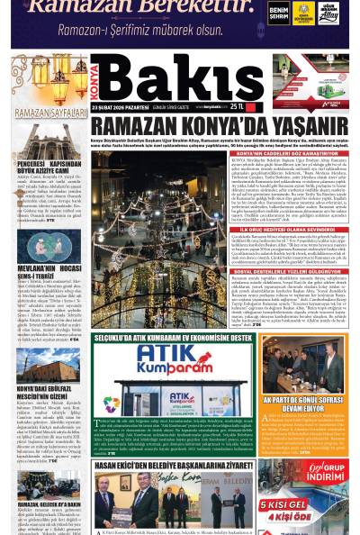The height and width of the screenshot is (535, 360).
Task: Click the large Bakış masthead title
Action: point(176,78)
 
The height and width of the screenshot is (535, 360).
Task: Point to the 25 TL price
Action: point(240,106)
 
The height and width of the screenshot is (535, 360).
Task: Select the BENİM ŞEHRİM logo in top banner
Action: point(278,13)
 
